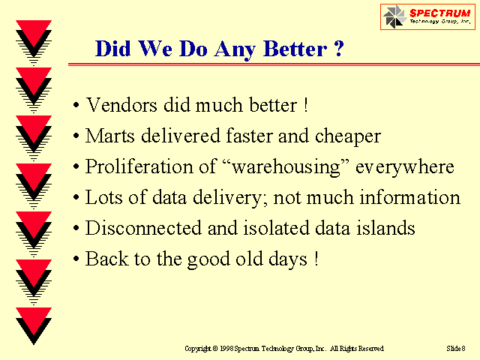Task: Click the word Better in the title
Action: [295, 49]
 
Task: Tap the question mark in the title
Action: [338, 48]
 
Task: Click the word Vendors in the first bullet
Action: [121, 105]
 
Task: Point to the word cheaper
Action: [348, 136]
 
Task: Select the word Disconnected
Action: [143, 228]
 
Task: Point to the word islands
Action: [385, 228]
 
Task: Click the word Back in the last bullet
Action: [106, 259]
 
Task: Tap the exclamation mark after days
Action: [316, 259]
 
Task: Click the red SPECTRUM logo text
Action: [439, 13]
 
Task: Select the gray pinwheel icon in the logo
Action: [395, 16]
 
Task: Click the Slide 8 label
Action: [456, 348]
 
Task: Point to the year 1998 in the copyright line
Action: [226, 349]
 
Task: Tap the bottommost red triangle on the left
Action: [34, 321]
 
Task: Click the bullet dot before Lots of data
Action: [76, 198]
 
